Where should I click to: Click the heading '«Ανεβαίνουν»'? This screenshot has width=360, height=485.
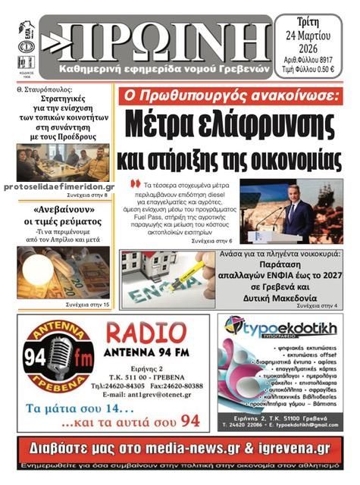tap(64, 208)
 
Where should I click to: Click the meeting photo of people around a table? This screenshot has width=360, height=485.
tap(63, 162)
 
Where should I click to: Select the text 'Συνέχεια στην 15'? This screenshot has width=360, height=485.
tap(87, 304)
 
